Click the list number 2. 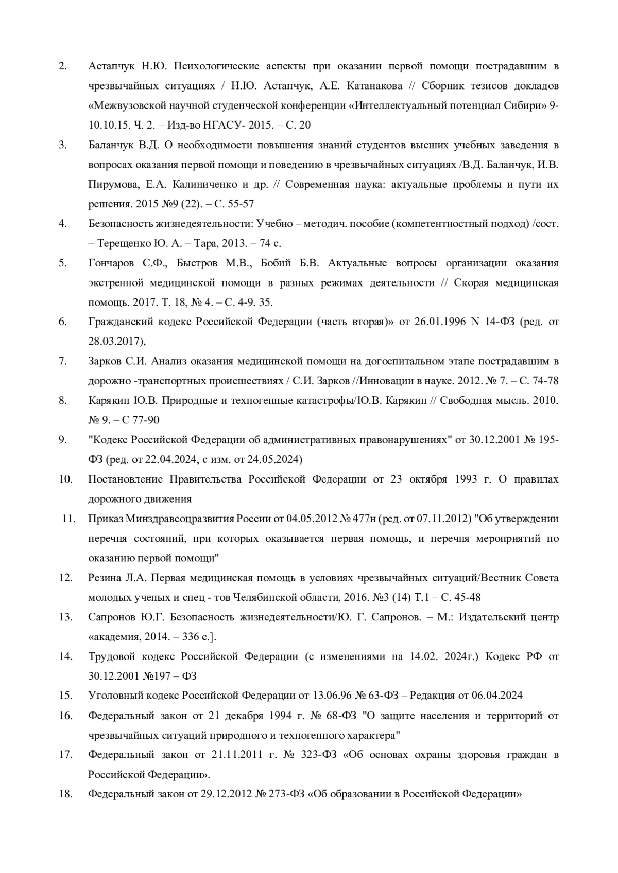coord(63,66)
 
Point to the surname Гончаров coord(111,263)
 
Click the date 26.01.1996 coord(439,322)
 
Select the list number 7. coord(63,361)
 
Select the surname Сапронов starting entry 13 coord(112,617)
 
